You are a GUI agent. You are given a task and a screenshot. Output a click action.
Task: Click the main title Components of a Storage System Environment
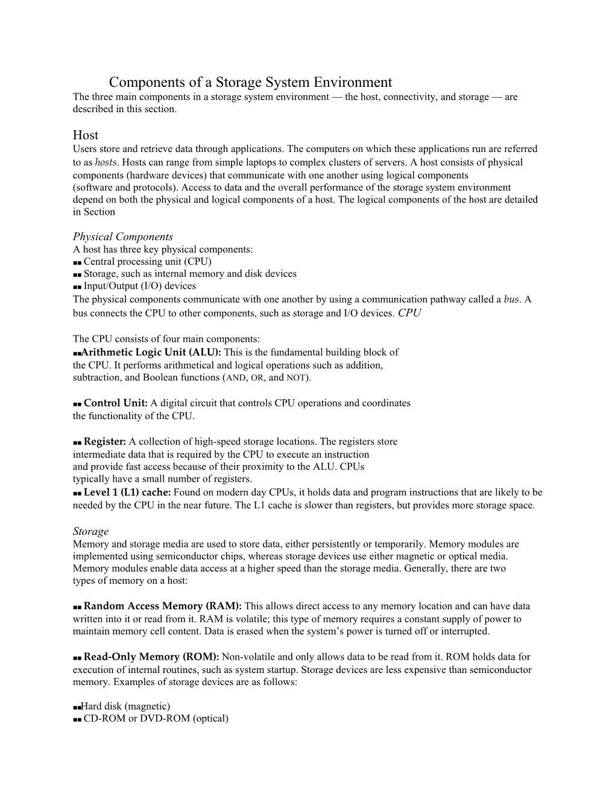(250, 82)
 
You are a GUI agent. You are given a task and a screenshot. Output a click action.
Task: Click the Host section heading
(86, 134)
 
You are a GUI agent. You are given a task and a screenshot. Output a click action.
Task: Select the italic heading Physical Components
(123, 236)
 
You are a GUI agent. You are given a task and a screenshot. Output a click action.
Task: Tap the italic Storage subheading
(91, 531)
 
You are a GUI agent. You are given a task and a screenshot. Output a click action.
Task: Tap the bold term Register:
(105, 441)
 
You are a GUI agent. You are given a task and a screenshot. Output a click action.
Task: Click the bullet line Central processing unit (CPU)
(147, 262)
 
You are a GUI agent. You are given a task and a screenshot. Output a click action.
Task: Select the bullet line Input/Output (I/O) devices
(140, 286)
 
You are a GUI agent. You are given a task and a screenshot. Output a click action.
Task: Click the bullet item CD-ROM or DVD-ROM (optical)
(156, 719)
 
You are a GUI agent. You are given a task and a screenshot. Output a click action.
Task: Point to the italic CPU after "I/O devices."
(410, 313)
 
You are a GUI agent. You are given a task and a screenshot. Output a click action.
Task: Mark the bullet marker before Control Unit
(77, 403)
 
